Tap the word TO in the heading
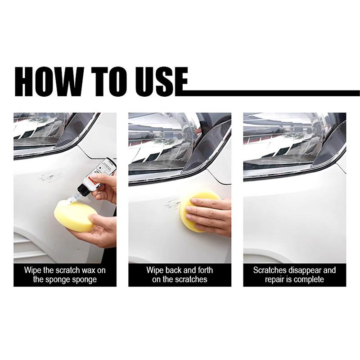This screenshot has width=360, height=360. tap(108, 82)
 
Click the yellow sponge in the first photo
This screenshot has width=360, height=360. tap(75, 216)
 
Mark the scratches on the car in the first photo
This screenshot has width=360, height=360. tap(50, 176)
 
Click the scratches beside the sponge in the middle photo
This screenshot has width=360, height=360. tap(173, 204)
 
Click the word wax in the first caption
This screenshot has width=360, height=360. tap(89, 270)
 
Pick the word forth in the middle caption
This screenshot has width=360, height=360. tap(204, 270)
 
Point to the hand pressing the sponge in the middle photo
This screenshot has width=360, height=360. tap(209, 215)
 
